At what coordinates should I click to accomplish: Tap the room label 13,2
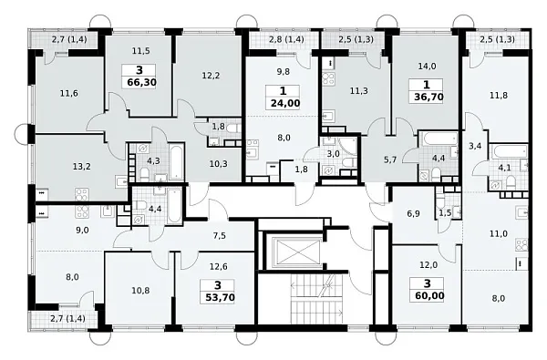pos(82,167)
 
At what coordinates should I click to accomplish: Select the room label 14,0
pos(427,66)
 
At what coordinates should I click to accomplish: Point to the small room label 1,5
pos(445,213)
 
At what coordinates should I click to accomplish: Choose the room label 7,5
pos(220,236)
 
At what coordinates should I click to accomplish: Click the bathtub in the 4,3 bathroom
pos(176,161)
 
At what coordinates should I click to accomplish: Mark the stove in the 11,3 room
pos(328,78)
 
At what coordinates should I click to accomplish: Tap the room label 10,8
pos(141,290)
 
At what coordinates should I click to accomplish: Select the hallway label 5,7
pos(390,160)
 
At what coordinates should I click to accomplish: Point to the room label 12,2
pos(211,75)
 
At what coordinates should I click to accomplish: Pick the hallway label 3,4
pos(475,146)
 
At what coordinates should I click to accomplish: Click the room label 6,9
pos(413,213)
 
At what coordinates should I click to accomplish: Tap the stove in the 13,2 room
pos(81,194)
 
